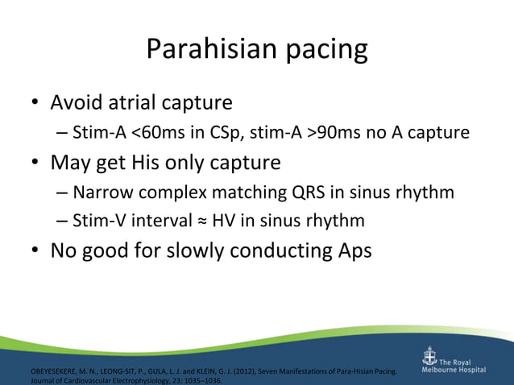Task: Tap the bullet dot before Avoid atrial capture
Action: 35,104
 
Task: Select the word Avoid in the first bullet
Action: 77,103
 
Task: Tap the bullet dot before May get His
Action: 35,164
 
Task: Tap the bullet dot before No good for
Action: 35,251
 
